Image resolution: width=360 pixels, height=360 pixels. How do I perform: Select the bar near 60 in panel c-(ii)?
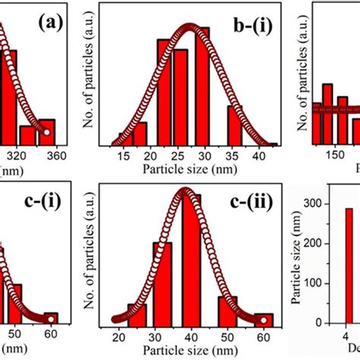[x=263, y=318]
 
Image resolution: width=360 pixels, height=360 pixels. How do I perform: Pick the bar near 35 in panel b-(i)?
[x=235, y=125]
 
